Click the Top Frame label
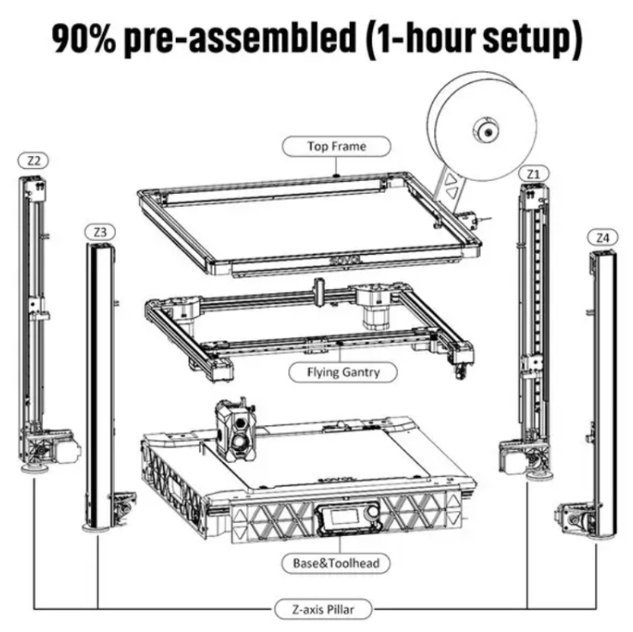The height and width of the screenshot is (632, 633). click(x=336, y=146)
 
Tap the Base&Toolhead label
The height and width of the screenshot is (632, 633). click(x=330, y=563)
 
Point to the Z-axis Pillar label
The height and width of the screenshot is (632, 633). click(x=324, y=610)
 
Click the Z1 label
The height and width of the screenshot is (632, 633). click(x=534, y=173)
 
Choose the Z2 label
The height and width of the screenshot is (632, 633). click(x=35, y=160)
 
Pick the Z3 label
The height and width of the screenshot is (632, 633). click(x=100, y=232)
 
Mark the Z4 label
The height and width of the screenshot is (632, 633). click(x=603, y=237)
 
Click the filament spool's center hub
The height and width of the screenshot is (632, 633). click(x=485, y=131)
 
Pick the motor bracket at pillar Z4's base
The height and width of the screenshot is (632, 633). click(x=573, y=519)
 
